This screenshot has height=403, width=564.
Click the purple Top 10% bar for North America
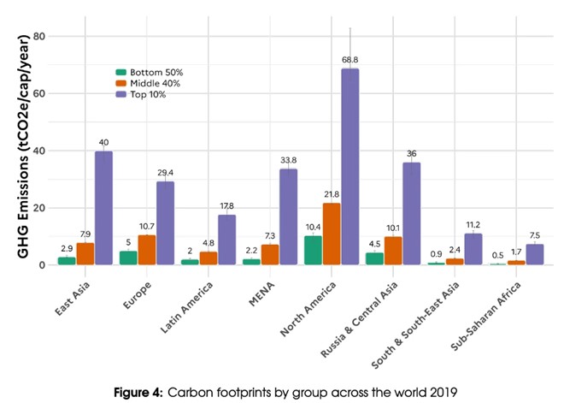pos(350,167)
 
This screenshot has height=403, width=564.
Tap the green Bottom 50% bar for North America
pos(313,250)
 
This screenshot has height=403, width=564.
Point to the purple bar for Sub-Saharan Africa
pos(534,254)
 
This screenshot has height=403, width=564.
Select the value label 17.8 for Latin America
pos(226,205)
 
